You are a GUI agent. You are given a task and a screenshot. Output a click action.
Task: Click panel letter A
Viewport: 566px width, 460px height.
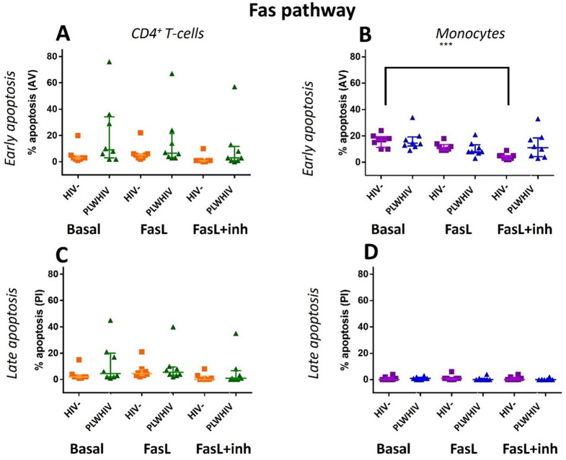(x=66, y=35)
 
